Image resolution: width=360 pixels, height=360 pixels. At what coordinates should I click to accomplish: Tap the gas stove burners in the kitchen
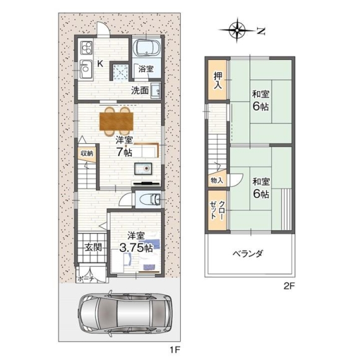pyautogui.click(x=86, y=48)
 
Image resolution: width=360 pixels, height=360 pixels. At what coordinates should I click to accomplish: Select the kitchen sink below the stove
pyautogui.click(x=86, y=68)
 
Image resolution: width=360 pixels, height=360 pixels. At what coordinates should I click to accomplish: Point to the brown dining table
pyautogui.click(x=116, y=121)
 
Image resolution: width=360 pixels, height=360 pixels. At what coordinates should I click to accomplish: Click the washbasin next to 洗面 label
pyautogui.click(x=155, y=91)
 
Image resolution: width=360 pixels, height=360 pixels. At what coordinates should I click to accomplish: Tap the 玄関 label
pyautogui.click(x=93, y=248)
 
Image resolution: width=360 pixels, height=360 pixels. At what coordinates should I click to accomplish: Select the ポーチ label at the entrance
pyautogui.click(x=86, y=279)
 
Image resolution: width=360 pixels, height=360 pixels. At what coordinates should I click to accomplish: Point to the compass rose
pyautogui.click(x=237, y=30)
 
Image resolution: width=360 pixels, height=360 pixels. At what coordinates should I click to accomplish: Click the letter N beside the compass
pyautogui.click(x=261, y=31)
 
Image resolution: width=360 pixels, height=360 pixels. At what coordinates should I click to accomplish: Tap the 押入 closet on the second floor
pyautogui.click(x=218, y=80)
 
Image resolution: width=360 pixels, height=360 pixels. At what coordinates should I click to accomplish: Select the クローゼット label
pyautogui.click(x=217, y=210)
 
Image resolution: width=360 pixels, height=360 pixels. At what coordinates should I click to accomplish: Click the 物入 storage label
pyautogui.click(x=217, y=181)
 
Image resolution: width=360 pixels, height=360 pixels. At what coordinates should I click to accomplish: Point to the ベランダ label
pyautogui.click(x=248, y=253)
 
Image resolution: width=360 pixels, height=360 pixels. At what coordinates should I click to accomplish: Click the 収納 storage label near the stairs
pyautogui.click(x=87, y=153)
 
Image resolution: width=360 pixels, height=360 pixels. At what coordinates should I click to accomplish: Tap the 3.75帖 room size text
pyautogui.click(x=136, y=248)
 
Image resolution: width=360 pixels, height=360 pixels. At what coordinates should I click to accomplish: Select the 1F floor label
pyautogui.click(x=174, y=350)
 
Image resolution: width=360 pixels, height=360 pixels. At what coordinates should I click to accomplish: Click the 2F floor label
pyautogui.click(x=289, y=286)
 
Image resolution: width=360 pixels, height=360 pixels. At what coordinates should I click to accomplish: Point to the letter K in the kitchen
pyautogui.click(x=100, y=64)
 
